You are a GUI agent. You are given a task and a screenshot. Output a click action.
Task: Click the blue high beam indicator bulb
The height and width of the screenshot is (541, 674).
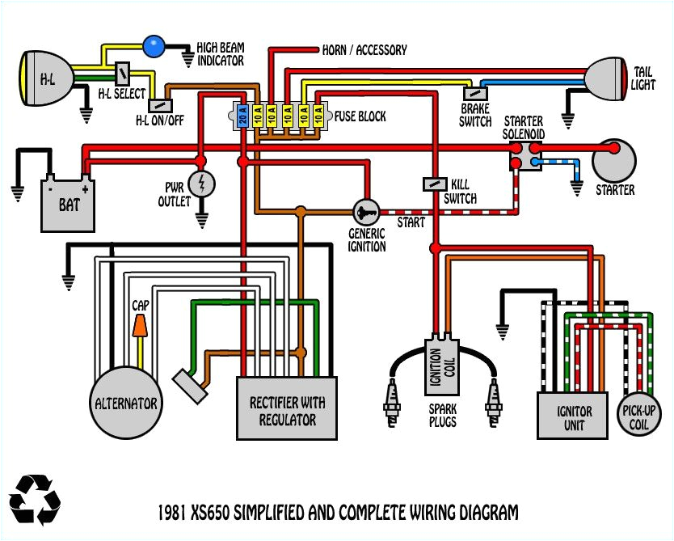(x=153, y=46)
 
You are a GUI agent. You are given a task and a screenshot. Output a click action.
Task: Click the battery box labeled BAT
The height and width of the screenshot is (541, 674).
(x=69, y=204)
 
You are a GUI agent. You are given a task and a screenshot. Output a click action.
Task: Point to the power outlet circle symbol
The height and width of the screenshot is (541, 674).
(x=201, y=184)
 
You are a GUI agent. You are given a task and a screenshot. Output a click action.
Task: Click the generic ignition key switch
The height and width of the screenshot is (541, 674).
(x=365, y=212)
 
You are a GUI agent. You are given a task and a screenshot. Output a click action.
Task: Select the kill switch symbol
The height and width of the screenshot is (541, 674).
(x=436, y=184)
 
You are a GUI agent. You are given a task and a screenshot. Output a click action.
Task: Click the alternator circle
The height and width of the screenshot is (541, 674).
(x=124, y=403)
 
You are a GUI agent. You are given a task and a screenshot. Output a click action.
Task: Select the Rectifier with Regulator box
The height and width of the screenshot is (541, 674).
(x=287, y=408)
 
